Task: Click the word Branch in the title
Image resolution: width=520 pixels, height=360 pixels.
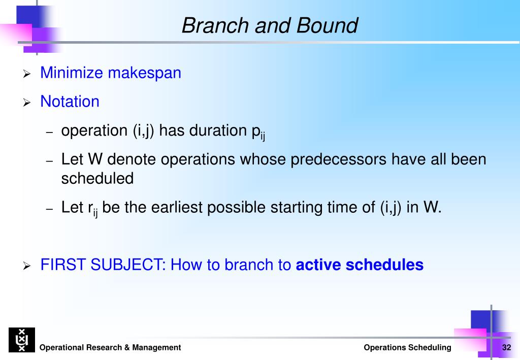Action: pos(215,25)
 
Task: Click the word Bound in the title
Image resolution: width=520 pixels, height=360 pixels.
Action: pos(327,25)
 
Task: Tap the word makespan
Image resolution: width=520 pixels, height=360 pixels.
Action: pos(145,73)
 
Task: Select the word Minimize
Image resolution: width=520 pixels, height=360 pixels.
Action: pos(72,73)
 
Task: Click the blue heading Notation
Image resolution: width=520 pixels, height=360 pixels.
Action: pos(70,102)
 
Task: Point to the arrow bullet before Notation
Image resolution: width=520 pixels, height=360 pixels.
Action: pos(27,103)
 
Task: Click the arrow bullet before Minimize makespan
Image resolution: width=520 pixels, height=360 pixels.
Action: pos(27,74)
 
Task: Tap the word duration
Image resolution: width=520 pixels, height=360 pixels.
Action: pos(218,130)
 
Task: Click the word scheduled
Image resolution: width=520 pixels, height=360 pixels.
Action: pos(97,178)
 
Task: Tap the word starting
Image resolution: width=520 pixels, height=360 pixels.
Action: pos(296,208)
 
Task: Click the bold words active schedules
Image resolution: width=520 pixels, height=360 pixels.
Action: pos(360,265)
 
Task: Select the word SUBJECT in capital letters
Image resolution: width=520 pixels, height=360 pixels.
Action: pos(128,265)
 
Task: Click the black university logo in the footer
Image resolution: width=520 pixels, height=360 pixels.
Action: pos(22,340)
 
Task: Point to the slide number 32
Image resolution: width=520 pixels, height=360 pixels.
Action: pos(506,347)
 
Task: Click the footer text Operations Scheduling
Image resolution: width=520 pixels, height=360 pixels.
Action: pos(407,348)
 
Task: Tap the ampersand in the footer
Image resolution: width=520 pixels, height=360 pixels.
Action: pos(127,347)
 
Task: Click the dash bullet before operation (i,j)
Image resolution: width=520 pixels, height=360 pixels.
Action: pos(49,132)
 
